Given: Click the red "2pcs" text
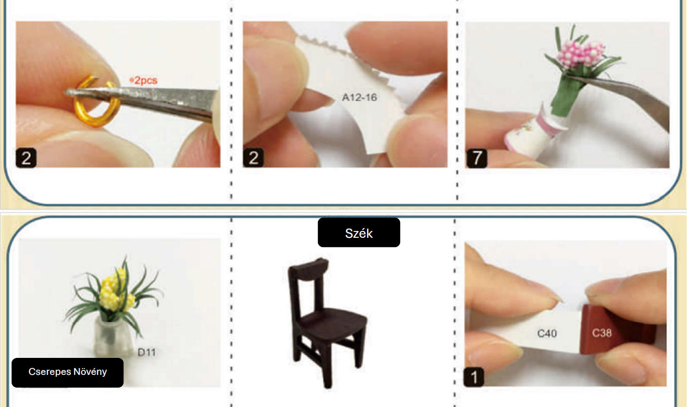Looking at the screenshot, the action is [x=144, y=81].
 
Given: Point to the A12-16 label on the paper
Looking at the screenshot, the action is [x=359, y=97].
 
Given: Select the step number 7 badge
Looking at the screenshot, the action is [x=477, y=158].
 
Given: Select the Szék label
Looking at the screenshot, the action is [x=359, y=233].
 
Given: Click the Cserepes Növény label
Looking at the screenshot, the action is [x=67, y=372].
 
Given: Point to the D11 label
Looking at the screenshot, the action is [x=147, y=353].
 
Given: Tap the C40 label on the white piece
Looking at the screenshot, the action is [x=547, y=333].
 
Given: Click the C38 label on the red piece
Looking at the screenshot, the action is [x=602, y=333].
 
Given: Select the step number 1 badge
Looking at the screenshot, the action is [x=474, y=377].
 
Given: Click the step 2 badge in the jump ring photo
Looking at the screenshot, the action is [x=26, y=158].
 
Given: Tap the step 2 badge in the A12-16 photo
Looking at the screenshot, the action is [x=253, y=158].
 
